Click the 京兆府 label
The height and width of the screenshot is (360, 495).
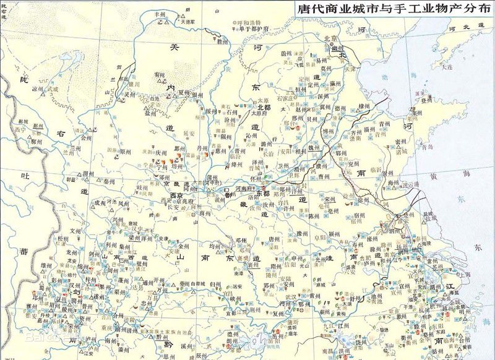[179, 202]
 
